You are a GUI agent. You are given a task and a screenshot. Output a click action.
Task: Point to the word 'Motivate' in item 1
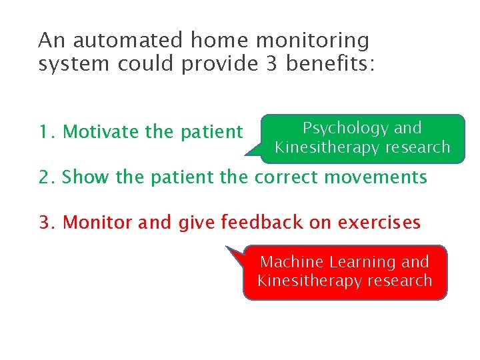click(x=101, y=132)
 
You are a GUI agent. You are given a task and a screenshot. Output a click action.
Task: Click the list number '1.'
click(x=47, y=132)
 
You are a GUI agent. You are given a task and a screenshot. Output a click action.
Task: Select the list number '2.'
click(x=48, y=177)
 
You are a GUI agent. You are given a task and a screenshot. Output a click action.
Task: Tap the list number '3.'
click(x=48, y=222)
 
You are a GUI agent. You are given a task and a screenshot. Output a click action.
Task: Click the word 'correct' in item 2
click(x=289, y=177)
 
